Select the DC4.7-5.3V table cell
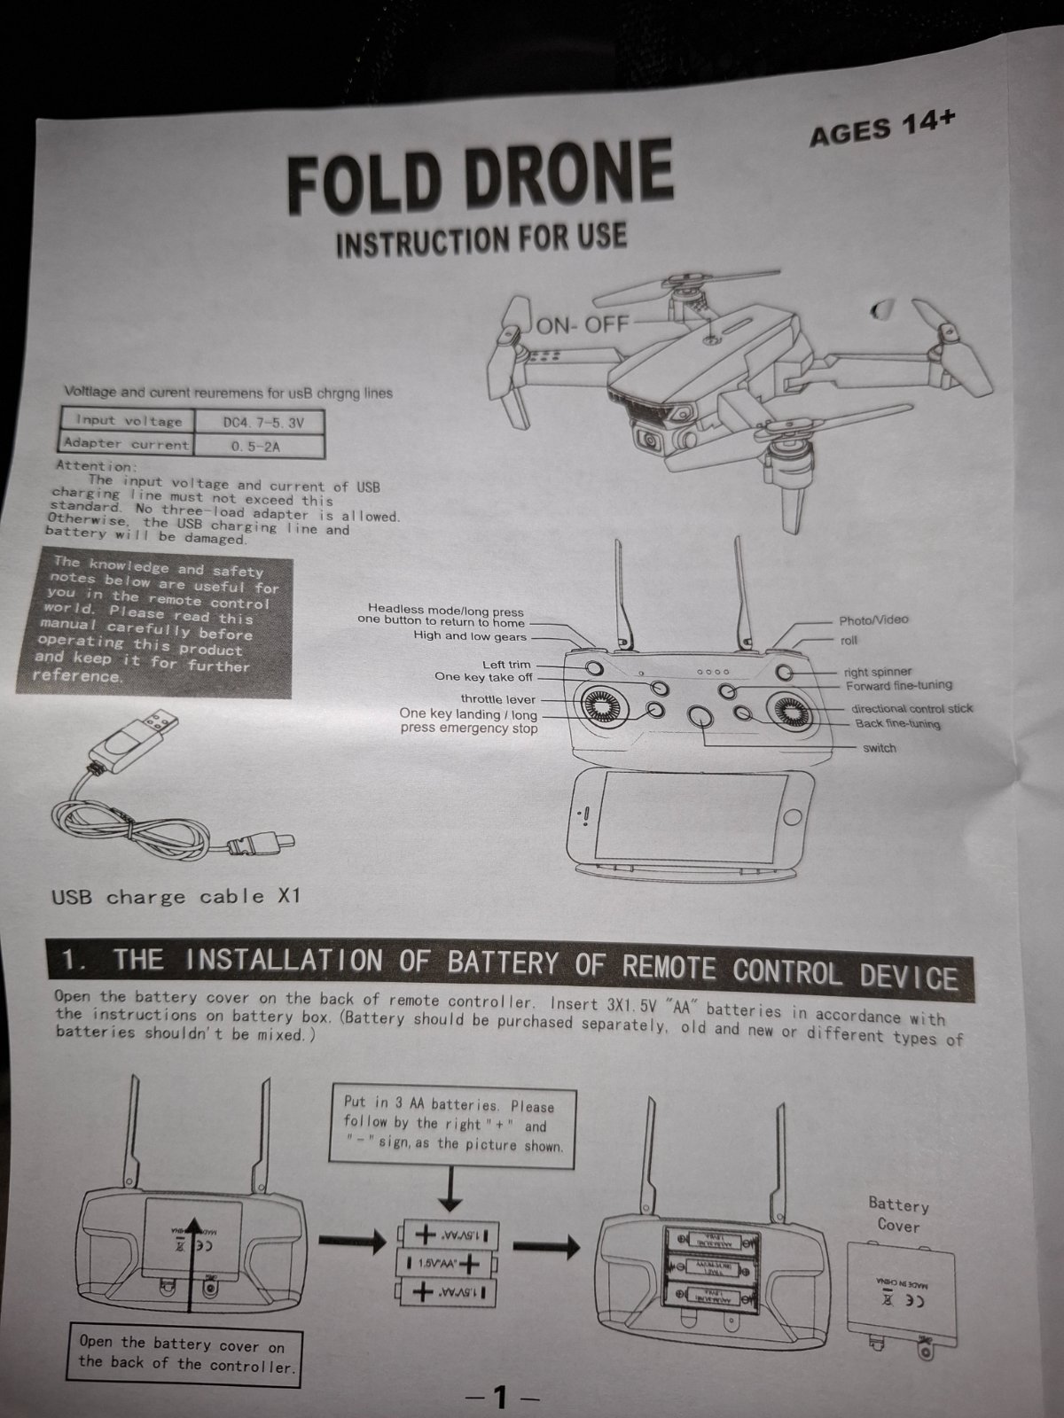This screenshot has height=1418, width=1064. click(x=262, y=423)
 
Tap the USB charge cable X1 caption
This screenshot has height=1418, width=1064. click(x=176, y=897)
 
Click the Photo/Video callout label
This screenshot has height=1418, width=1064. click(x=873, y=619)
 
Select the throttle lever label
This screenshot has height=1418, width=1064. click(x=497, y=699)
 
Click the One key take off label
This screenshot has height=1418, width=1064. click(x=483, y=677)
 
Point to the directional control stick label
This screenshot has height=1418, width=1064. click(x=911, y=708)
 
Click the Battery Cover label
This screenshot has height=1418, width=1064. click(x=898, y=1215)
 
